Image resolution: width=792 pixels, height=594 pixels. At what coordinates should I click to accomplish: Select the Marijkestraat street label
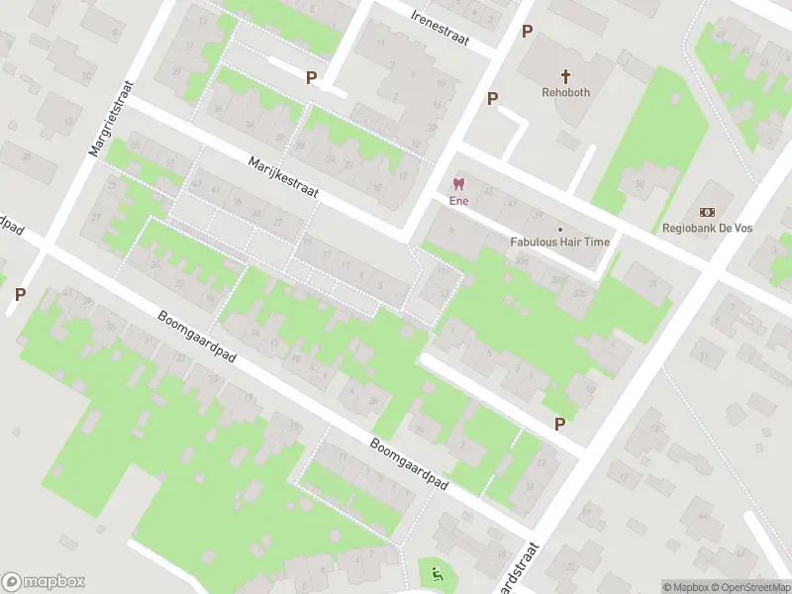pyautogui.click(x=283, y=176)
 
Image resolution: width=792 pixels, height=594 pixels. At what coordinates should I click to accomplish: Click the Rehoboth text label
pyautogui.click(x=566, y=92)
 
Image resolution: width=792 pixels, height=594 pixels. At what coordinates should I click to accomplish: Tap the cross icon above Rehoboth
pyautogui.click(x=566, y=75)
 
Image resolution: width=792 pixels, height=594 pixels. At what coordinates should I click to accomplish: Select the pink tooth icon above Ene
pyautogui.click(x=457, y=183)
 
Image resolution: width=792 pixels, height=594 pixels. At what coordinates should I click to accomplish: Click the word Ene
pyautogui.click(x=457, y=200)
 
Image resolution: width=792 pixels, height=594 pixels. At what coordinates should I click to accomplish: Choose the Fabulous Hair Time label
pyautogui.click(x=560, y=242)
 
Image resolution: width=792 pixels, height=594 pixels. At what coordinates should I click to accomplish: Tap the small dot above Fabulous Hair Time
pyautogui.click(x=560, y=228)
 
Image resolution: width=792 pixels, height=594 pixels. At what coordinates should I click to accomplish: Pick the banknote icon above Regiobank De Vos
pyautogui.click(x=708, y=212)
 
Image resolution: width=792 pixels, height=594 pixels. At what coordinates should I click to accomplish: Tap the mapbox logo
pyautogui.click(x=44, y=582)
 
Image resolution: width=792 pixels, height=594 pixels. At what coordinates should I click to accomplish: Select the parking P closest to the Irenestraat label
pyautogui.click(x=528, y=31)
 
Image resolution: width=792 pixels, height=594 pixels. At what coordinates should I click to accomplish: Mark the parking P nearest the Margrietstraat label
pyautogui.click(x=20, y=294)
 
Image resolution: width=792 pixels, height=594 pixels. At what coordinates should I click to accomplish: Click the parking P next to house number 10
pyautogui.click(x=559, y=424)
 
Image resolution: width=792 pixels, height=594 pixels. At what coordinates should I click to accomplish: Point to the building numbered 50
pyautogui.click(x=641, y=184)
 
